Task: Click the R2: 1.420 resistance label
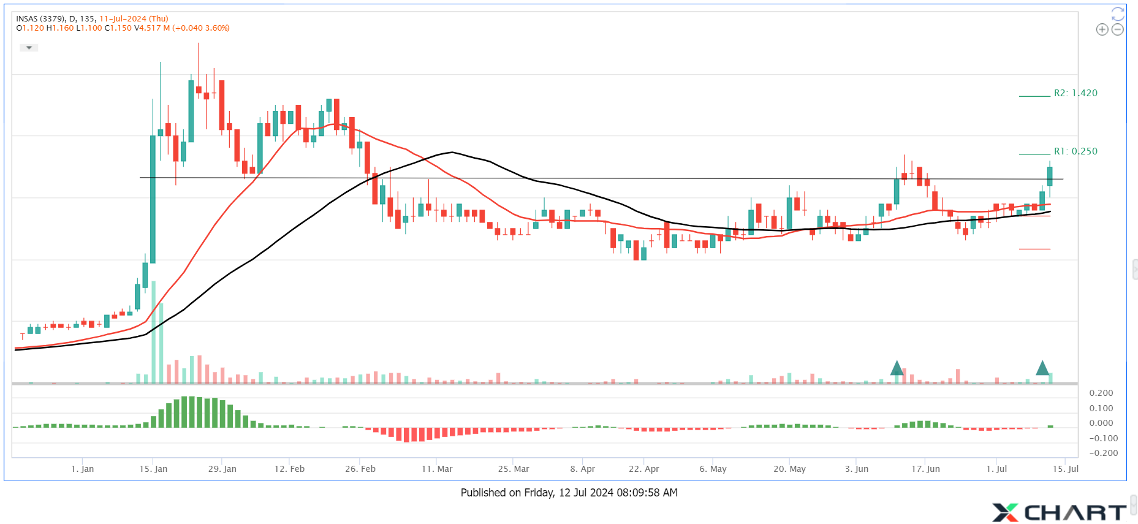(x=1075, y=93)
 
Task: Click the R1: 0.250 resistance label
(x=1075, y=151)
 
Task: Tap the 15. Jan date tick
(x=153, y=469)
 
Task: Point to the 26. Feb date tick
(x=360, y=469)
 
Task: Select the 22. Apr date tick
(x=644, y=469)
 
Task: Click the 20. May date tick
(x=789, y=469)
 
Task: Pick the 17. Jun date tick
(x=925, y=469)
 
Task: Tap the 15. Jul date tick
(x=1066, y=469)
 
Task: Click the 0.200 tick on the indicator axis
(x=1101, y=393)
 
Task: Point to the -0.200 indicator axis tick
(x=1104, y=453)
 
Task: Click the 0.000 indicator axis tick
(x=1101, y=423)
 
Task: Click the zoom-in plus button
(x=1102, y=29)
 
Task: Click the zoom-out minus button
(x=1118, y=29)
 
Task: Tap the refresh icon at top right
(x=1118, y=13)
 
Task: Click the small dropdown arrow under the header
(x=29, y=48)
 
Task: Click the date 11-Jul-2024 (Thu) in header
(x=134, y=19)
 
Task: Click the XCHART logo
(x=1059, y=512)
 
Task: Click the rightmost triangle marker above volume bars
(x=1042, y=368)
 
